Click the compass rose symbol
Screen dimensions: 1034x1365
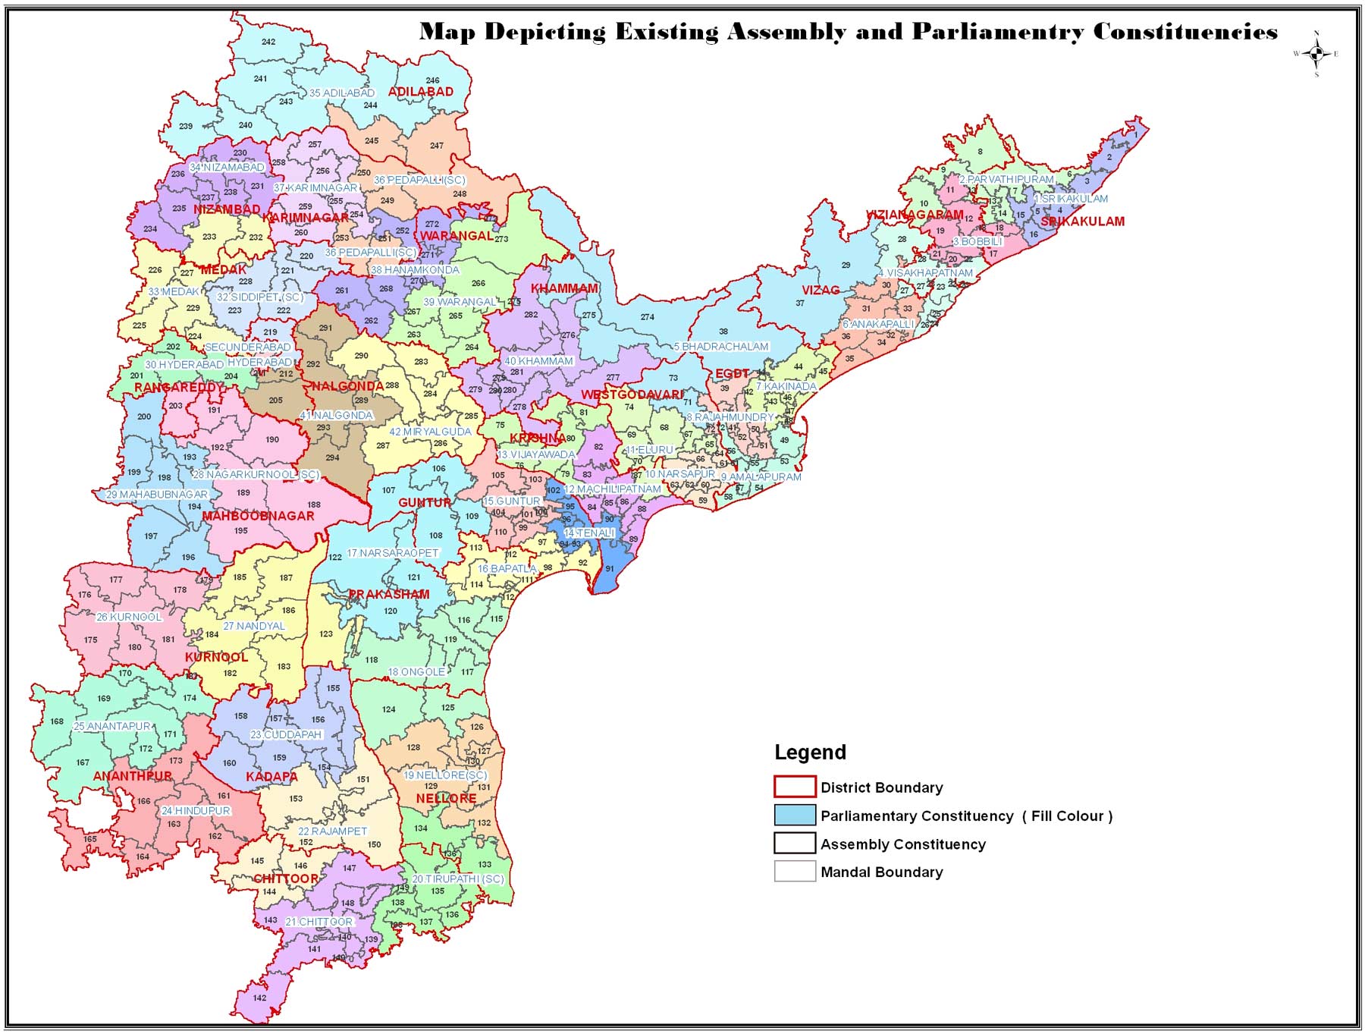pyautogui.click(x=1316, y=53)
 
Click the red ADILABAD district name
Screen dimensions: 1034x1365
pyautogui.click(x=421, y=92)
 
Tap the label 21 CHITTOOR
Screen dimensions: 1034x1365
pyautogui.click(x=319, y=922)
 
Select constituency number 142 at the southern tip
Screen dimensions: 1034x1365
pyautogui.click(x=260, y=998)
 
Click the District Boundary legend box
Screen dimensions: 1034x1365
pyautogui.click(x=794, y=787)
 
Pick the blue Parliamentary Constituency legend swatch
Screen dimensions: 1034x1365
pyautogui.click(x=794, y=816)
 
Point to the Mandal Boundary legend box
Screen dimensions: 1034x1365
pyautogui.click(x=794, y=872)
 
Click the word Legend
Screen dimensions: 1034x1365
pyautogui.click(x=810, y=752)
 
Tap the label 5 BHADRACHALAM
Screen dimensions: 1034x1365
pyautogui.click(x=721, y=347)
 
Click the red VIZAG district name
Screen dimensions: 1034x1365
pyautogui.click(x=821, y=290)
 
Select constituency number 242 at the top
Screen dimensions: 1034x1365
pyautogui.click(x=268, y=42)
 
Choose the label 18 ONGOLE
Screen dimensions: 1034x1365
pyautogui.click(x=416, y=672)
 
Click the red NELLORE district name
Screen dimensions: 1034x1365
pyautogui.click(x=446, y=799)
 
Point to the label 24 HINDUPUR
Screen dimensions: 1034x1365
pyautogui.click(x=196, y=810)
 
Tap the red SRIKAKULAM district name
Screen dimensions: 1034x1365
pyautogui.click(x=1082, y=222)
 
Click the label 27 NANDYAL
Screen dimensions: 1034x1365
pyautogui.click(x=254, y=626)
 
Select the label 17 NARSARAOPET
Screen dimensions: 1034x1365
pyautogui.click(x=393, y=553)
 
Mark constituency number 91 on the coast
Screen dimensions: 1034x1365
pyautogui.click(x=610, y=568)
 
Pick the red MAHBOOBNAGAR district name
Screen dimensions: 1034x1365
pyautogui.click(x=258, y=516)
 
